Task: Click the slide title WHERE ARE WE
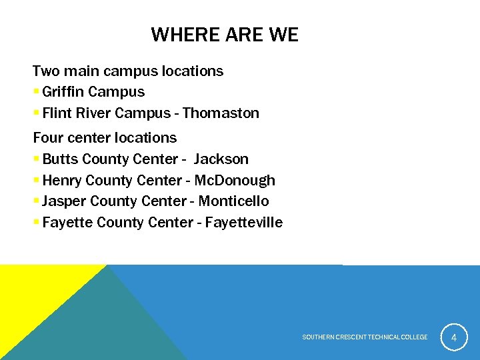tap(225, 35)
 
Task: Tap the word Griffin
tap(63, 92)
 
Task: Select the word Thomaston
tap(221, 113)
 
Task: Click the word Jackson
tap(221, 159)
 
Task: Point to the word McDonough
tap(235, 181)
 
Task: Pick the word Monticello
tap(233, 201)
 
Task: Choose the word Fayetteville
tap(244, 223)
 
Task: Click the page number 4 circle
tap(454, 337)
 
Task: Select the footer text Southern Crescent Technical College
tap(365, 337)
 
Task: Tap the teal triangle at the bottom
tap(100, 327)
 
